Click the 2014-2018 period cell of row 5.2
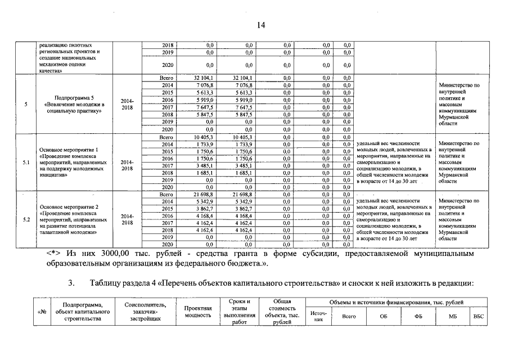[x=127, y=219]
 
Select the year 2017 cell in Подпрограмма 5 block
[x=167, y=107]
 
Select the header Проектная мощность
[x=197, y=312]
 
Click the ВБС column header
[x=479, y=316]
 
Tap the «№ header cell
[x=41, y=312]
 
